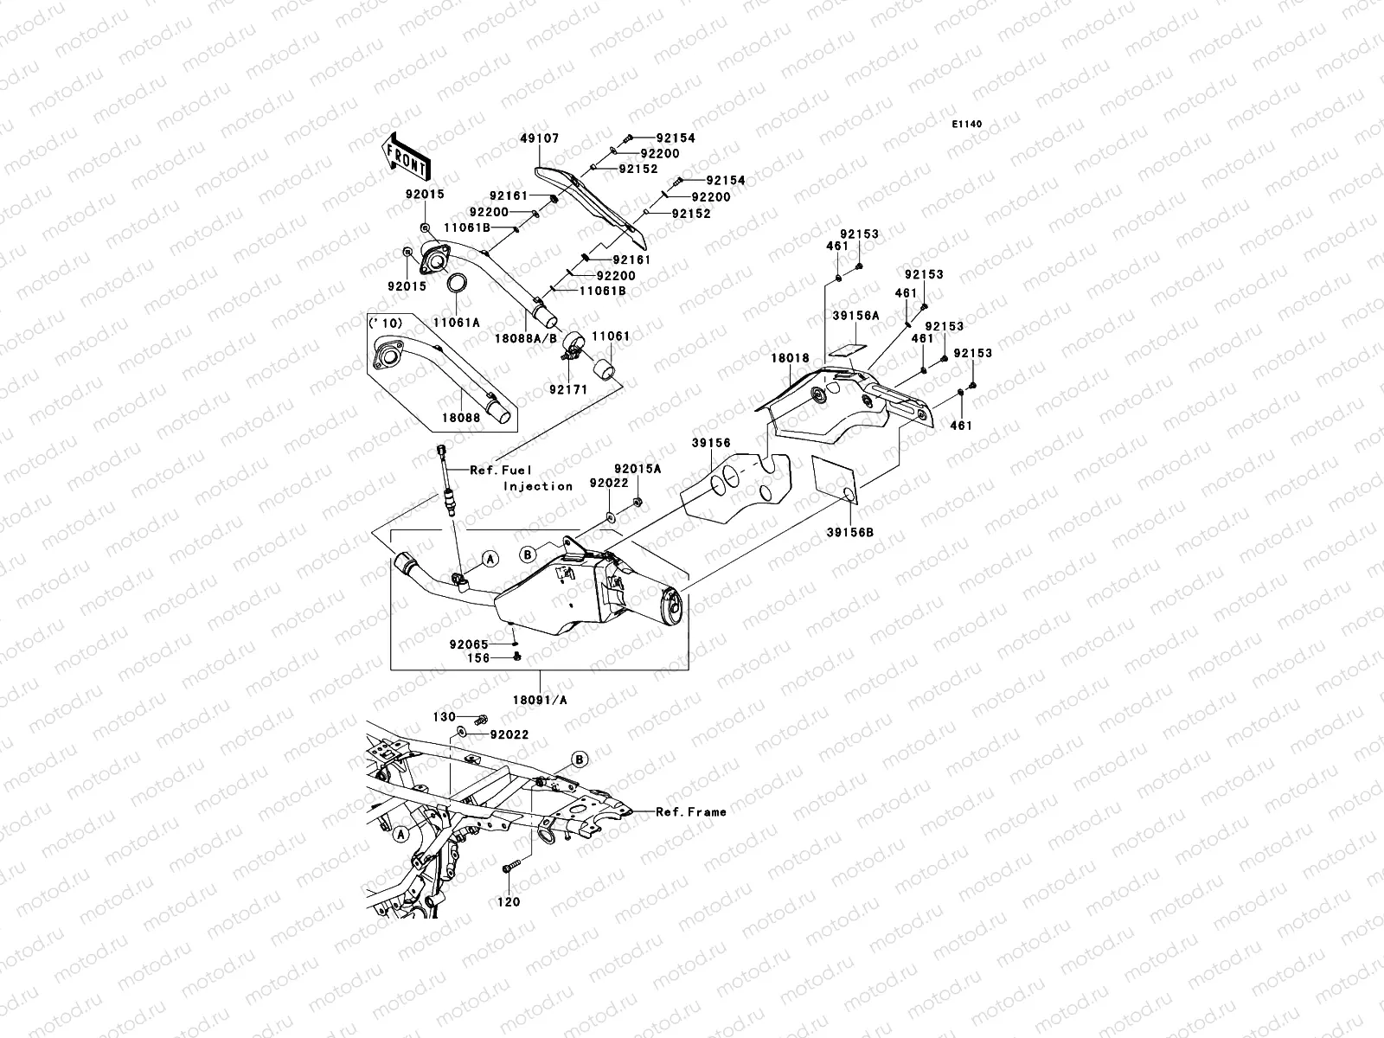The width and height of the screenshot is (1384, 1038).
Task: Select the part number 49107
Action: coord(539,138)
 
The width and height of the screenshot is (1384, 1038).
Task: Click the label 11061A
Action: coord(457,322)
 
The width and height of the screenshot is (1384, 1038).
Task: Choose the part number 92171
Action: coord(567,389)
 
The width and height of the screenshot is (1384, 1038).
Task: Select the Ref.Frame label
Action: coord(690,812)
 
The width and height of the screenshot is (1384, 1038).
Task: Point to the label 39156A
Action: coord(855,317)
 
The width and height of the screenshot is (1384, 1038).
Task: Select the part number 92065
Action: coord(469,644)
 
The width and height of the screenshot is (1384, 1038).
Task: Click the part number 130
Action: coord(445,718)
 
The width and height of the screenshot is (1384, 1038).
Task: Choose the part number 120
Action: coord(509,902)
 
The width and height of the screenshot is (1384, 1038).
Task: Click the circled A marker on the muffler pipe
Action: coord(490,559)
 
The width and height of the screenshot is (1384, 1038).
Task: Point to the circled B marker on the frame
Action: coord(580,759)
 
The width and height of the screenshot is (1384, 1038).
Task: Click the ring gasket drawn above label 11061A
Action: coord(458,284)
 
